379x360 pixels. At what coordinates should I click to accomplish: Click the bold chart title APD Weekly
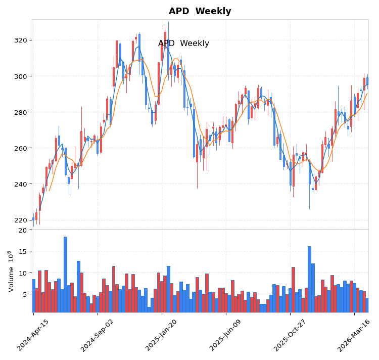coord(200,11)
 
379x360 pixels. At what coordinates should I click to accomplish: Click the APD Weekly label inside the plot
coord(183,43)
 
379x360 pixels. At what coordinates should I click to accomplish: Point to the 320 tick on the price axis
coord(21,40)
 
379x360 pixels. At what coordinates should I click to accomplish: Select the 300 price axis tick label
coord(21,76)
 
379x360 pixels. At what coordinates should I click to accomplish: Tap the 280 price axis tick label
coord(21,112)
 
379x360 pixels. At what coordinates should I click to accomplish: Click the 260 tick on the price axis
coord(21,148)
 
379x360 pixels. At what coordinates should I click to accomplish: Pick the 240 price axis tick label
coord(21,184)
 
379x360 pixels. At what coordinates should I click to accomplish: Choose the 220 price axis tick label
coord(21,220)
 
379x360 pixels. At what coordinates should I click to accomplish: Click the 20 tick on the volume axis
coord(23,230)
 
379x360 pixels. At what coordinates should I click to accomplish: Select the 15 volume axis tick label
coord(23,251)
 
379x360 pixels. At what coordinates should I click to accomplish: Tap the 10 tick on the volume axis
coord(23,273)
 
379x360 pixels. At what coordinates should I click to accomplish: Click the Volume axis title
coord(11,271)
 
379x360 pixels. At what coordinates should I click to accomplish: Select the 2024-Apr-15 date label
coord(34,335)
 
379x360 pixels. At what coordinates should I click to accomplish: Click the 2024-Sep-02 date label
coord(98,335)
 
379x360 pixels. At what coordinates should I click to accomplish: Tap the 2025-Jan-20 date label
coord(162,335)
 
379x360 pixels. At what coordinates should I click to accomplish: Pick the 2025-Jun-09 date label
coord(226,335)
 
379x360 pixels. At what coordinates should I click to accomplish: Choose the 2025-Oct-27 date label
coord(291,335)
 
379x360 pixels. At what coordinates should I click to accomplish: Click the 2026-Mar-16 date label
coord(355,335)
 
